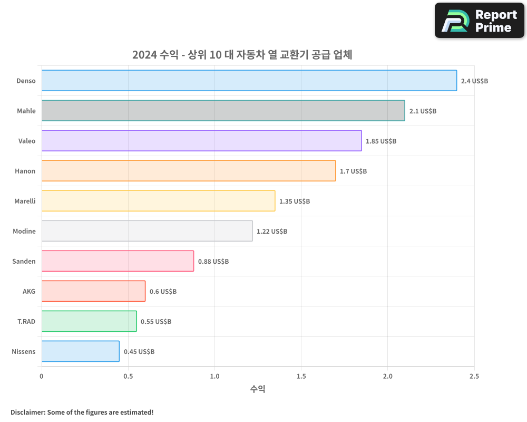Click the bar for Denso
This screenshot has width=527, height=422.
pyautogui.click(x=249, y=81)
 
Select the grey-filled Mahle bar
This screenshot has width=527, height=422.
pyautogui.click(x=223, y=111)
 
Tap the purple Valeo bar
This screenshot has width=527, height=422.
pyautogui.click(x=201, y=141)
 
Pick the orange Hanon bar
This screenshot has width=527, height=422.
pyautogui.click(x=188, y=171)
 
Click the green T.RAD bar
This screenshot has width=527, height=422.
pyautogui.click(x=89, y=321)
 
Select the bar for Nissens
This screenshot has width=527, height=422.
pyautogui.click(x=80, y=351)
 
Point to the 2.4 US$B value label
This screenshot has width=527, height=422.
pyautogui.click(x=474, y=81)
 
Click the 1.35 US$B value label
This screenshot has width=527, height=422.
pyautogui.click(x=295, y=202)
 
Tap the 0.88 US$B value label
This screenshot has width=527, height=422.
pyautogui.click(x=213, y=262)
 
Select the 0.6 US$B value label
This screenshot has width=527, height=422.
pyautogui.click(x=163, y=292)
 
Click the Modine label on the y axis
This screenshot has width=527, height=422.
pyautogui.click(x=24, y=231)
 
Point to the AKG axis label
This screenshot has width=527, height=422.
pyautogui.click(x=29, y=291)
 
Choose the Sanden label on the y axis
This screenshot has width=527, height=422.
pyautogui.click(x=24, y=261)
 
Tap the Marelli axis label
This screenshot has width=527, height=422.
pyautogui.click(x=24, y=201)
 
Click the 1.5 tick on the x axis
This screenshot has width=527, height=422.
pyautogui.click(x=301, y=376)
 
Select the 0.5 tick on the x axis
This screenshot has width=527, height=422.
pyautogui.click(x=128, y=376)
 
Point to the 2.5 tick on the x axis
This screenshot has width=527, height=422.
pyautogui.click(x=474, y=376)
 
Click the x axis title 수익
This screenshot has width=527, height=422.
pyautogui.click(x=258, y=389)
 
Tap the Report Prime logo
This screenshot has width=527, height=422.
pyautogui.click(x=480, y=21)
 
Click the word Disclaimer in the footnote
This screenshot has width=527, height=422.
pyautogui.click(x=27, y=413)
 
